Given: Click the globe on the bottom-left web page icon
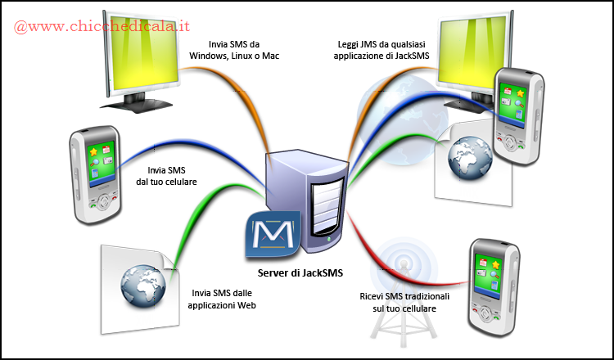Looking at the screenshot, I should click(144, 283).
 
